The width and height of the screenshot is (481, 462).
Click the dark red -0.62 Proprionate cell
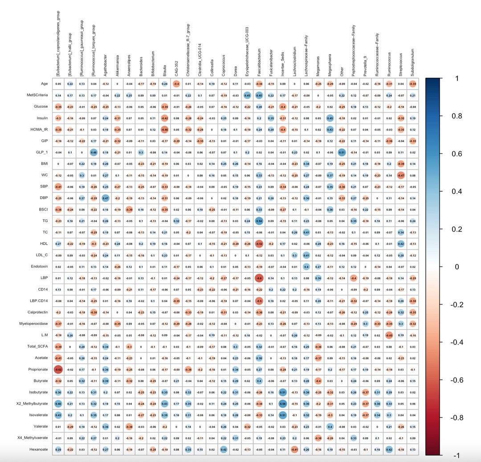point(58,369)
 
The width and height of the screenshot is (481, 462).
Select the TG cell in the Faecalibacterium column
point(259,220)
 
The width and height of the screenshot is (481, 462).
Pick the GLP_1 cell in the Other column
point(342,152)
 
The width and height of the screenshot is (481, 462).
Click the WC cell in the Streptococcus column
point(401,175)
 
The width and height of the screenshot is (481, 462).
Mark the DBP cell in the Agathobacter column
point(106,198)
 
